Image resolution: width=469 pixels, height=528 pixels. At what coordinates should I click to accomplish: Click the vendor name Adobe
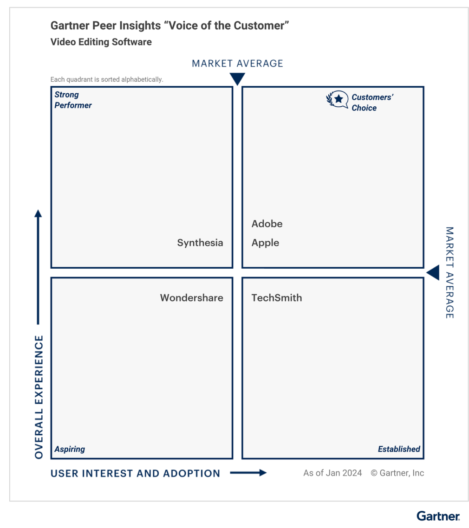[x=267, y=224]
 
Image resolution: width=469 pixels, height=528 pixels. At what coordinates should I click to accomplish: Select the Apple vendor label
[x=265, y=243]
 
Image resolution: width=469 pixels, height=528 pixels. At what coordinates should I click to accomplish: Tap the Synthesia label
[x=200, y=243]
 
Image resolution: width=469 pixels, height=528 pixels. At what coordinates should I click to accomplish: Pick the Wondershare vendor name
[x=191, y=298]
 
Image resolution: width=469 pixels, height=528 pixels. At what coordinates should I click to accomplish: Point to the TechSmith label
[x=276, y=298]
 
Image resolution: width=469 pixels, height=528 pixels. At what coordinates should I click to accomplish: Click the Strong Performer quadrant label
[x=73, y=100]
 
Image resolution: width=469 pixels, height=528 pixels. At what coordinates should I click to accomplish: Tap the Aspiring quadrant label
[x=70, y=449]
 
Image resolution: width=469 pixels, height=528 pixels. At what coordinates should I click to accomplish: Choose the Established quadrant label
[x=399, y=449]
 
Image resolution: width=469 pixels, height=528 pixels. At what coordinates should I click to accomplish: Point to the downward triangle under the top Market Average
[x=237, y=79]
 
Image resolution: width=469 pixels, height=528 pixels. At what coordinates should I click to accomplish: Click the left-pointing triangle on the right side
[x=433, y=273]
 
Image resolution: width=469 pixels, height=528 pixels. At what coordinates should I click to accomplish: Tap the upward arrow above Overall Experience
[x=38, y=267]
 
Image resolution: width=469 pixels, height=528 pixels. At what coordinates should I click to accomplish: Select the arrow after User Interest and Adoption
[x=248, y=473]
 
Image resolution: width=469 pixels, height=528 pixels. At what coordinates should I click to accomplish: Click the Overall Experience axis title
[x=39, y=397]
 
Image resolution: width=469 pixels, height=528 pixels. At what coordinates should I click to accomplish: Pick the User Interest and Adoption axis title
[x=135, y=473]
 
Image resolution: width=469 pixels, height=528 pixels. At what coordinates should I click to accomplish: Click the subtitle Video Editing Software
[x=101, y=42]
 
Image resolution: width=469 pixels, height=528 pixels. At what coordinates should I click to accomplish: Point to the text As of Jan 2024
[x=332, y=473]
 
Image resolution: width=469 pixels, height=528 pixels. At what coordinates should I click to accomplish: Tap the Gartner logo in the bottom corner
[x=438, y=516]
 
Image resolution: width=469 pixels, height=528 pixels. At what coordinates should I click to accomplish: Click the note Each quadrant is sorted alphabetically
[x=107, y=79]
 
